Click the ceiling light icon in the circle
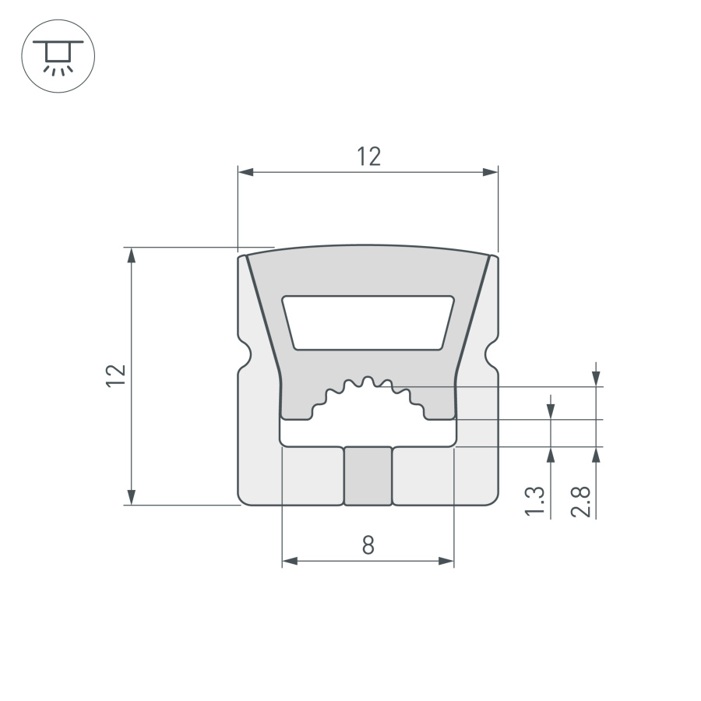(58, 57)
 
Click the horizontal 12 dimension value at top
(369, 157)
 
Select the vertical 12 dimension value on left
(116, 375)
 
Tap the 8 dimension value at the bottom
(368, 545)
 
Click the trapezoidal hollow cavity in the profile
(368, 322)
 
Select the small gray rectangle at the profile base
(368, 476)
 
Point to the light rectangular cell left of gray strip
(312, 476)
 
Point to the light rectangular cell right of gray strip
(423, 476)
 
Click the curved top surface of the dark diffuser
(368, 248)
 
